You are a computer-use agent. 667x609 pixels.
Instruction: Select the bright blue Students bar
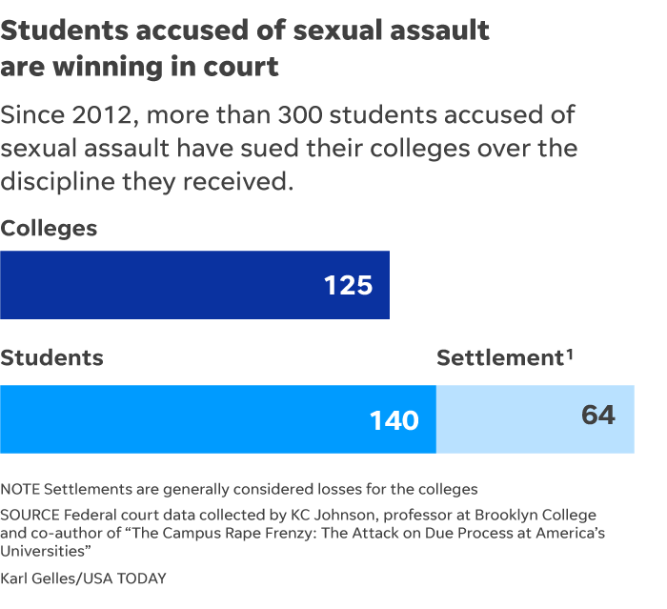click(x=191, y=419)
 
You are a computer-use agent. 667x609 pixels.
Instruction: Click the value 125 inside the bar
click(x=348, y=285)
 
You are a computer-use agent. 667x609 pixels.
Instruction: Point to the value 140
click(x=394, y=420)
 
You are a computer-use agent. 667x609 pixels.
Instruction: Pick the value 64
click(x=597, y=416)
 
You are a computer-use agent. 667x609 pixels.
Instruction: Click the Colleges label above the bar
click(x=49, y=229)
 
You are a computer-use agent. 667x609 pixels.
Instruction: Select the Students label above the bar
click(x=51, y=358)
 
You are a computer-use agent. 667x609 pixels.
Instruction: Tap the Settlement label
click(x=498, y=358)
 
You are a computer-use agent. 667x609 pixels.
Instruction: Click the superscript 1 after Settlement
click(x=569, y=354)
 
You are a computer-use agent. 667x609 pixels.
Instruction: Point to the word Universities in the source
click(x=43, y=549)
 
